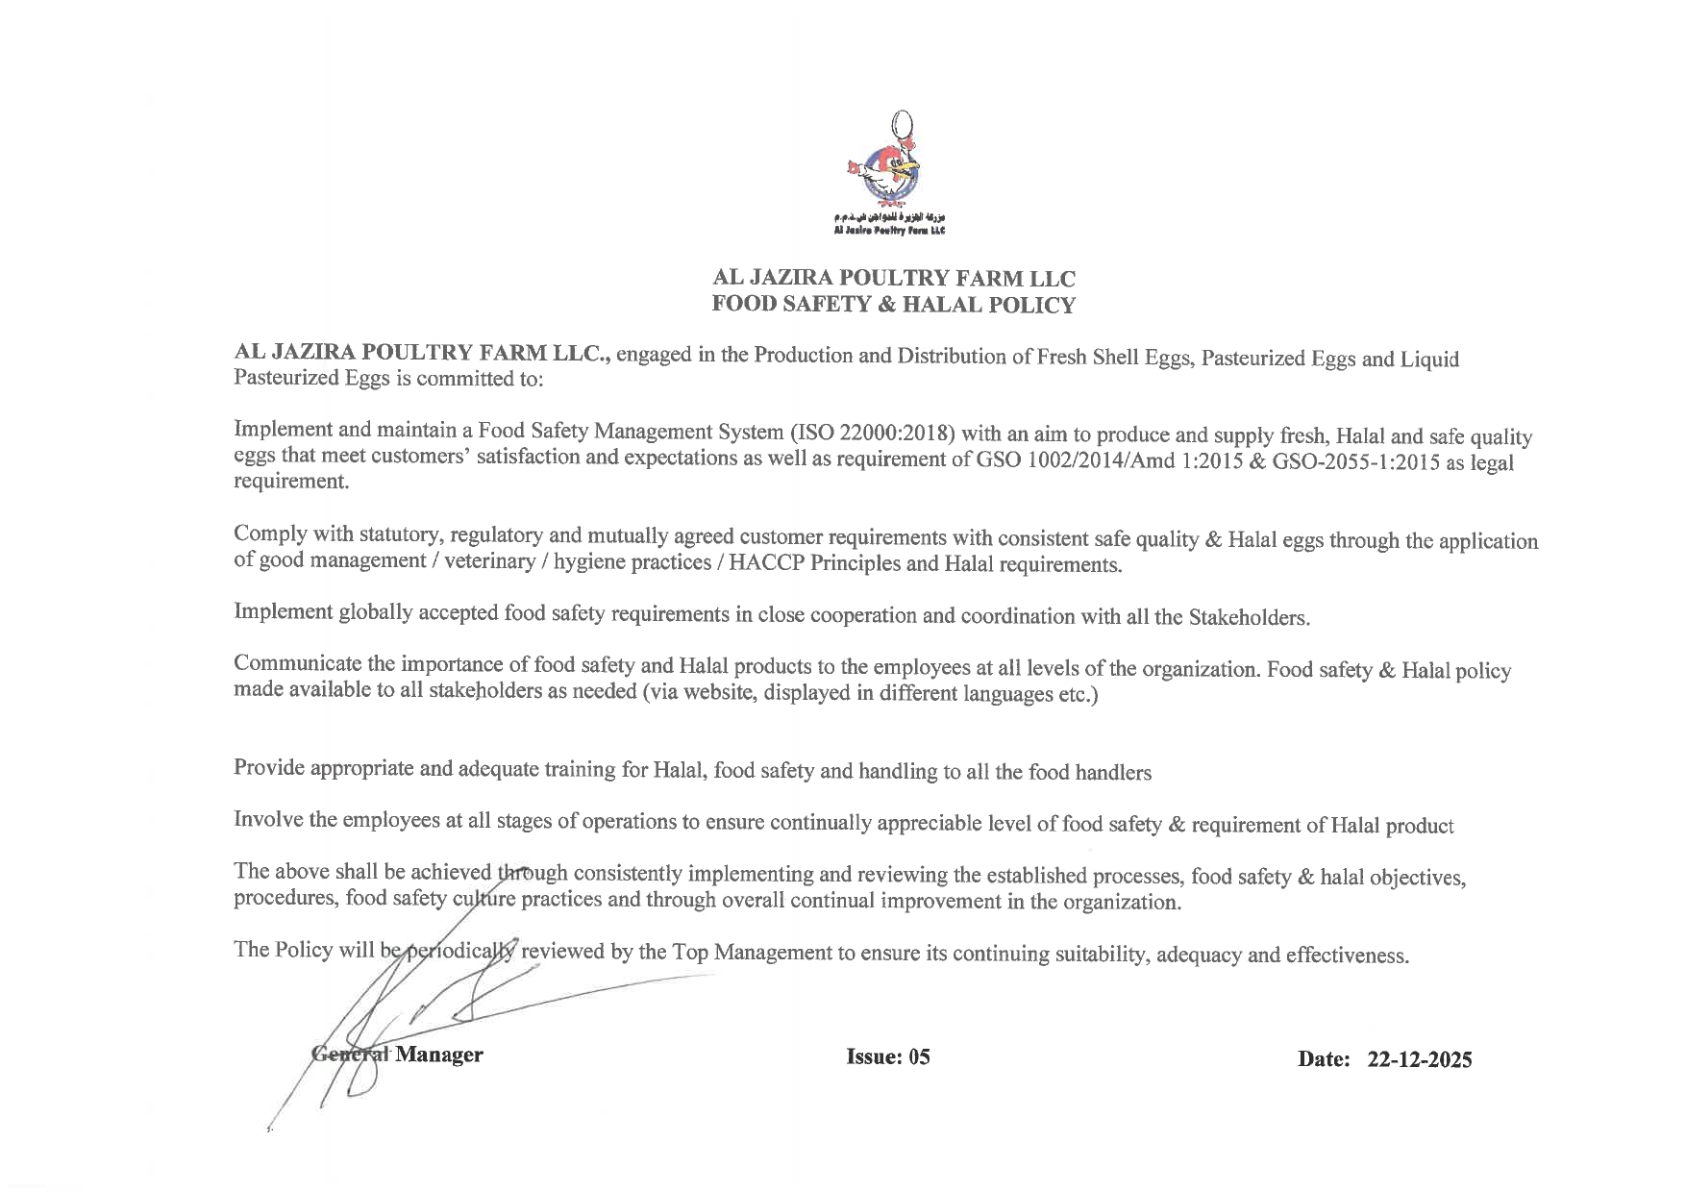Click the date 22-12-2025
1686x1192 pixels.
(1420, 1059)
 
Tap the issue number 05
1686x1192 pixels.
(919, 1057)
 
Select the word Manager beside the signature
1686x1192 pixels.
(439, 1055)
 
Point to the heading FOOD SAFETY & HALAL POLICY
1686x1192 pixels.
(893, 306)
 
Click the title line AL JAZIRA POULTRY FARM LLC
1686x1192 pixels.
(893, 279)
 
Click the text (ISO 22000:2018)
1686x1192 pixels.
(871, 431)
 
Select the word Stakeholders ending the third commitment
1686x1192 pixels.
(1249, 617)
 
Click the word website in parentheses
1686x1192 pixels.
(714, 692)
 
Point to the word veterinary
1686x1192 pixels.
(489, 560)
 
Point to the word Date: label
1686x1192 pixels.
(1324, 1059)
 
